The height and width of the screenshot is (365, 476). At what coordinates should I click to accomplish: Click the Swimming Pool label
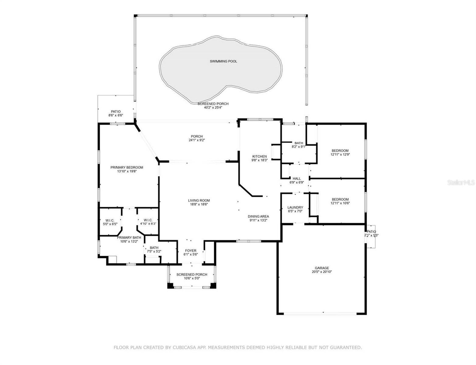click(223, 61)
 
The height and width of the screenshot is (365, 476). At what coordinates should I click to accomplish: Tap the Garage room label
click(321, 268)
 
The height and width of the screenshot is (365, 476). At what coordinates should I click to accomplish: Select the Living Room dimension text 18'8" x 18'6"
click(199, 204)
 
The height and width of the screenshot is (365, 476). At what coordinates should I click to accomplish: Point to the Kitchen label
click(259, 156)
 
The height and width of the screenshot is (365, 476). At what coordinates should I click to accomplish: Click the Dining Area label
click(258, 216)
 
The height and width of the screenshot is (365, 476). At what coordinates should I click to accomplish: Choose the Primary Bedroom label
click(127, 168)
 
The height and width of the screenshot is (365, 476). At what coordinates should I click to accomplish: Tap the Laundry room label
click(295, 207)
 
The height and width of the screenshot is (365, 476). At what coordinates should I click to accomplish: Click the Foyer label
click(191, 251)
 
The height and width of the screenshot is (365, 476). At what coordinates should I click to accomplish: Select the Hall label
click(297, 179)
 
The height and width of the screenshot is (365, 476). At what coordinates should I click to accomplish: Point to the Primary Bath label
click(129, 238)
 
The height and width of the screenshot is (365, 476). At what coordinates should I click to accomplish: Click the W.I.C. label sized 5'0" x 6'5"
click(110, 220)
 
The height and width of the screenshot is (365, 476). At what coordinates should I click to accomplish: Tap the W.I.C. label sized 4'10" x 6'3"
click(148, 220)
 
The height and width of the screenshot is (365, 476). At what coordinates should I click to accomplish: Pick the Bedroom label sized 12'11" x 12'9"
click(340, 151)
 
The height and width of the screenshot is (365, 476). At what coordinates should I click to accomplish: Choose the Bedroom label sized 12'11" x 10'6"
click(340, 199)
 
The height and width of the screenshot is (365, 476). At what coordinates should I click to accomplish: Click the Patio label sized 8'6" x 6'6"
click(116, 112)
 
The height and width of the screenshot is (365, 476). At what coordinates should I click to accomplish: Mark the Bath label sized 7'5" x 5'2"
click(154, 248)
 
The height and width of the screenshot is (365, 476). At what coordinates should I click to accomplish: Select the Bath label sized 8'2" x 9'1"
click(299, 143)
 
